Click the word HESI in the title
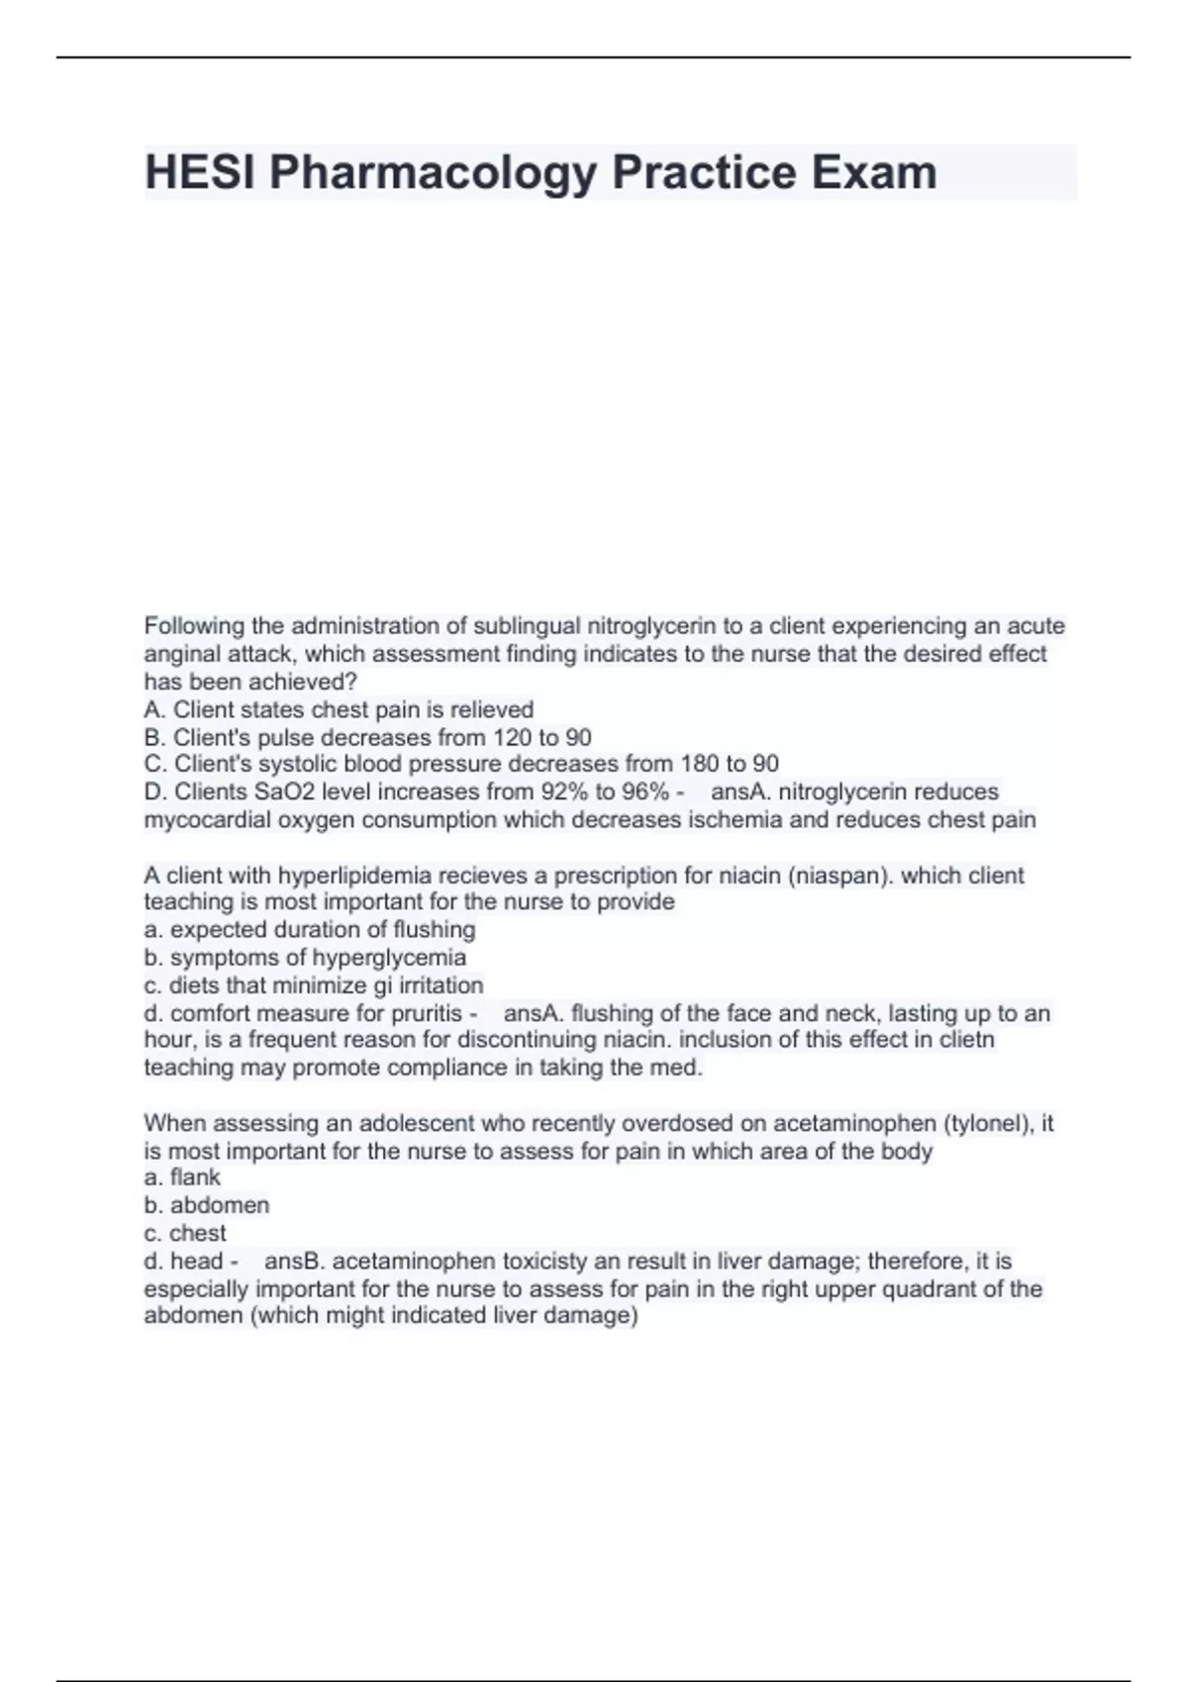pos(200,173)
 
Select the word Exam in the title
pos(874,173)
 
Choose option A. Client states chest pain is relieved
pos(339,709)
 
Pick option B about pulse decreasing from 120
pos(367,737)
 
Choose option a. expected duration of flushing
pos(310,930)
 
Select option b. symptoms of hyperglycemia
pos(305,958)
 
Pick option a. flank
pos(182,1177)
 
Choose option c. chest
pos(185,1233)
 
